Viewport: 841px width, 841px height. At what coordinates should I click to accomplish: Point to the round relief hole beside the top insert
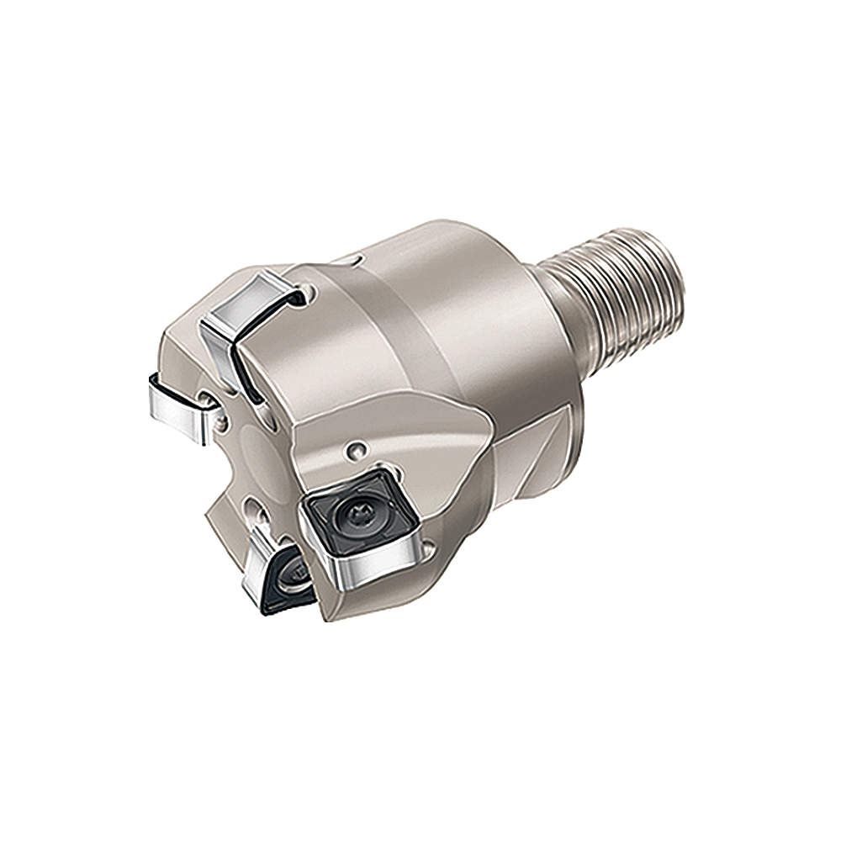pos(312,294)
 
